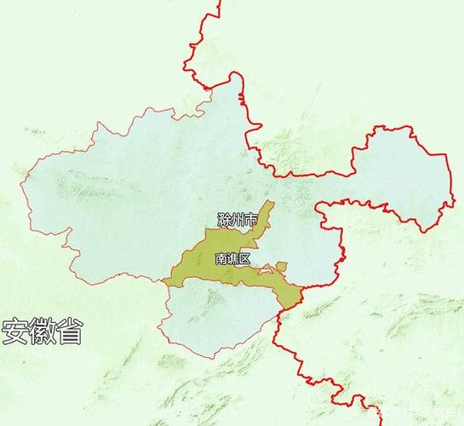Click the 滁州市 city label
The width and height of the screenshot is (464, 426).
(238, 222)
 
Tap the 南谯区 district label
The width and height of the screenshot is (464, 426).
(233, 257)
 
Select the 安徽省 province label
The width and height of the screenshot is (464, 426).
(43, 332)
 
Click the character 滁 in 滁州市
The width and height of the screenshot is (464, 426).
(225, 222)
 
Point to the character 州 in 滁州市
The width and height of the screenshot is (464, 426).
(238, 222)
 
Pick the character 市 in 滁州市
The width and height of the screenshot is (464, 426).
(250, 222)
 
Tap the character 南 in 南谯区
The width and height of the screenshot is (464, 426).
(221, 257)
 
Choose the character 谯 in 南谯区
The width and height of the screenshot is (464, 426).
(233, 257)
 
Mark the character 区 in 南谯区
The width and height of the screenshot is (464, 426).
(245, 257)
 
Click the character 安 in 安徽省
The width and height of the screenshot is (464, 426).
(15, 332)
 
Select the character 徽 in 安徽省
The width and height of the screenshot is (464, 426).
(43, 332)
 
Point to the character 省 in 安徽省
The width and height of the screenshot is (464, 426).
(70, 332)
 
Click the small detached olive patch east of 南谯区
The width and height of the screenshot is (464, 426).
(282, 267)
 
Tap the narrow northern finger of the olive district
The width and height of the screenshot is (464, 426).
(266, 211)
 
